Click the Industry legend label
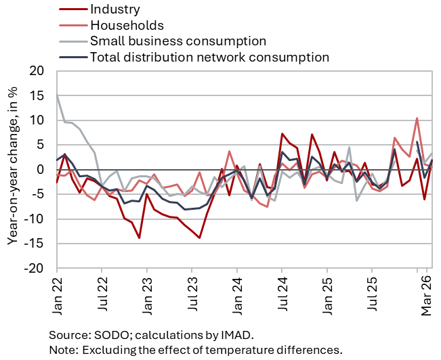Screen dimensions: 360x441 tap(114, 9)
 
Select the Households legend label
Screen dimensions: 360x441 tap(127, 25)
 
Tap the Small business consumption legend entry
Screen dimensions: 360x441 tap(177, 41)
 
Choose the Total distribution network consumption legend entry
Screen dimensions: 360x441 tap(209, 57)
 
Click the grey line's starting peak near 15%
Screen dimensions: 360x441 tap(57, 95)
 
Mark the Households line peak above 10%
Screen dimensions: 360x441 tap(417, 118)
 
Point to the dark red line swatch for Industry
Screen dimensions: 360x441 tap(72, 9)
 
